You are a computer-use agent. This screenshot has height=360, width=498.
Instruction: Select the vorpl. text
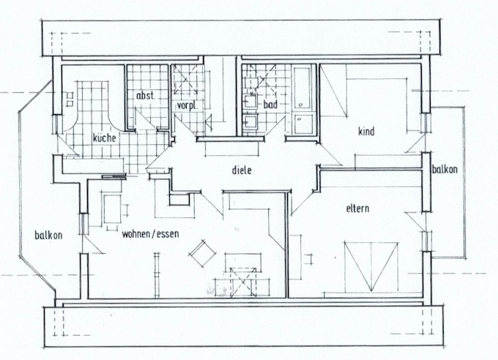click(187, 105)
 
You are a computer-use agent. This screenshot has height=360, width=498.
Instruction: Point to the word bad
click(270, 105)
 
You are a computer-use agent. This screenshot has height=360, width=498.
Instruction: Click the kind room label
click(366, 132)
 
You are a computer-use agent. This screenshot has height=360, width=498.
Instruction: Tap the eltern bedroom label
click(357, 209)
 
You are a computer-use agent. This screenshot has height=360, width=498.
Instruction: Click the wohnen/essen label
click(151, 233)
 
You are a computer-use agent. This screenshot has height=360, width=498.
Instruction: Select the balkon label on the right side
click(445, 170)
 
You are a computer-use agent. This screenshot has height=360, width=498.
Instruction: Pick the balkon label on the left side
click(48, 236)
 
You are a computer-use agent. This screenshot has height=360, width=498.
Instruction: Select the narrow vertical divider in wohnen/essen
click(156, 274)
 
